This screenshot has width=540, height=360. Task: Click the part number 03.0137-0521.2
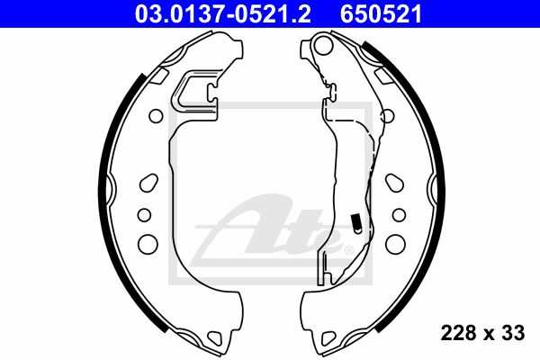pyautogui.click(x=223, y=14)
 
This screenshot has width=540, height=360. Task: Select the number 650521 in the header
pyautogui.click(x=381, y=14)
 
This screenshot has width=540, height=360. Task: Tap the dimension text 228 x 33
pyautogui.click(x=482, y=333)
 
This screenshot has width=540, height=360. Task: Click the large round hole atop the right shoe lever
pyautogui.click(x=324, y=46)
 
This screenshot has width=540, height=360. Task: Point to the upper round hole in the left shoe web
pyautogui.click(x=156, y=116)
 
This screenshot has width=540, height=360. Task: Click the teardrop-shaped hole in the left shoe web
pyautogui.click(x=148, y=183)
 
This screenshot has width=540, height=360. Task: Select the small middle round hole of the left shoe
pyautogui.click(x=144, y=215)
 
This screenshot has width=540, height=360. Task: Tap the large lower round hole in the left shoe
pyautogui.click(x=148, y=244)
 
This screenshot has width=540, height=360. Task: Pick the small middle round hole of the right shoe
pyautogui.click(x=399, y=215)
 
